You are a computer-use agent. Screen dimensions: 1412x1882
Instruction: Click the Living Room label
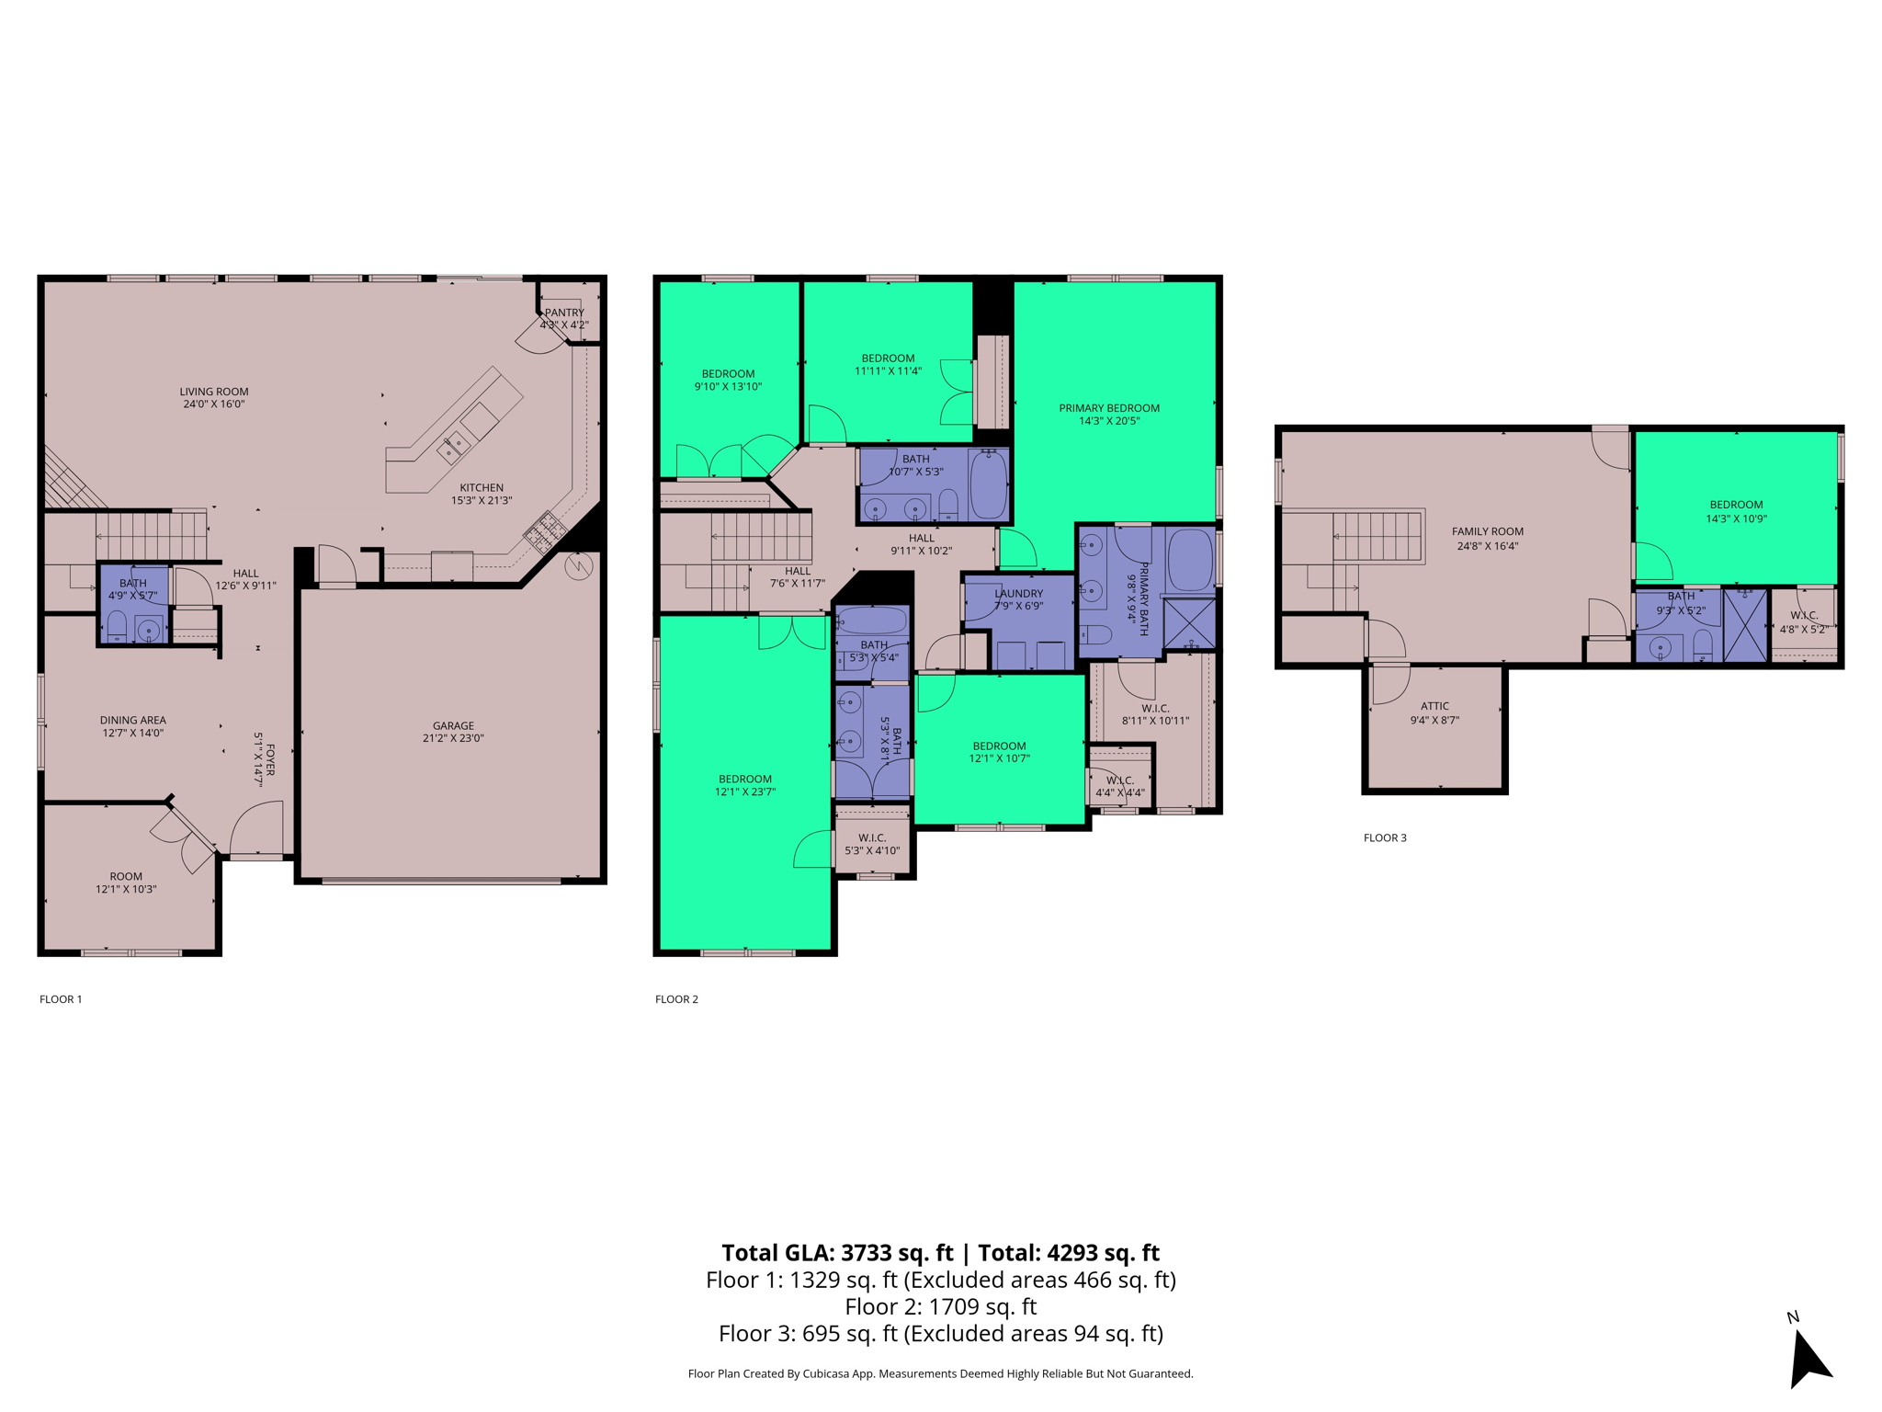[x=213, y=392]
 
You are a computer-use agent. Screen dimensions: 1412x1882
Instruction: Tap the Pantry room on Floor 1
[x=564, y=318]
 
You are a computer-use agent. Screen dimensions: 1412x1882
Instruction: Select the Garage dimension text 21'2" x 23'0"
[x=453, y=738]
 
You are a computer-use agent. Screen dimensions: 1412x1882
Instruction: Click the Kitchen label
[x=482, y=488]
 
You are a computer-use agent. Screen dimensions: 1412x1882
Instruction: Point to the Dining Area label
[x=132, y=721]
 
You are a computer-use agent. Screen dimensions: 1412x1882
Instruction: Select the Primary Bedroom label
[x=1109, y=408]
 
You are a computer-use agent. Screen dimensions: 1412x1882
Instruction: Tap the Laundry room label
[x=1018, y=594]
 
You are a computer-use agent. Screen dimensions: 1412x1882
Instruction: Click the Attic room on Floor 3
[x=1434, y=726]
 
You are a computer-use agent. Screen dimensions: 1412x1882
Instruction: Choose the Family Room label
[x=1487, y=531]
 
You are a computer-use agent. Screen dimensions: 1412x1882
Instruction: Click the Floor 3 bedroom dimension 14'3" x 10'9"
[x=1736, y=518]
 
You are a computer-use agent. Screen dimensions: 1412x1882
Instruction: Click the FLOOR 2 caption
[x=676, y=999]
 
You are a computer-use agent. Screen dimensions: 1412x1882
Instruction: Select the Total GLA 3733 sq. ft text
[x=837, y=1253]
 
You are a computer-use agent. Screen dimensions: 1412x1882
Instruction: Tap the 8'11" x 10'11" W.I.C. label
[x=1155, y=721]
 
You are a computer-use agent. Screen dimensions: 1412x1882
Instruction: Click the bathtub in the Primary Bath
[x=1190, y=559]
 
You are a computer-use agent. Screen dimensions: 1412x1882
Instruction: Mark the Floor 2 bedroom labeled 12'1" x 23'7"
[x=745, y=785]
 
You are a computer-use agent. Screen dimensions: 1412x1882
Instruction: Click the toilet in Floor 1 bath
[x=117, y=627]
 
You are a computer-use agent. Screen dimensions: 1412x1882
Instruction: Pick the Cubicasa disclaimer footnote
[x=940, y=1373]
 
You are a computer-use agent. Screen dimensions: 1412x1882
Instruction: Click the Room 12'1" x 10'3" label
[x=126, y=882]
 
